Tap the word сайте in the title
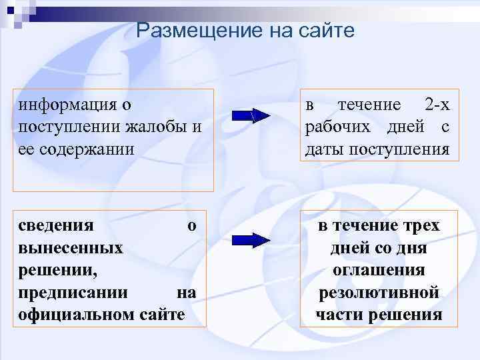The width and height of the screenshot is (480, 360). (329, 31)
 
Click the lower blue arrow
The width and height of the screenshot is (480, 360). (250, 240)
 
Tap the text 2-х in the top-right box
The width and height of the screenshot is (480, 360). (437, 105)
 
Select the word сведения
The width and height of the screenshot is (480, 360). (56, 226)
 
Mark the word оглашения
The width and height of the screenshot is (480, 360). (379, 270)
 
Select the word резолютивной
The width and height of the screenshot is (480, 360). (379, 292)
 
